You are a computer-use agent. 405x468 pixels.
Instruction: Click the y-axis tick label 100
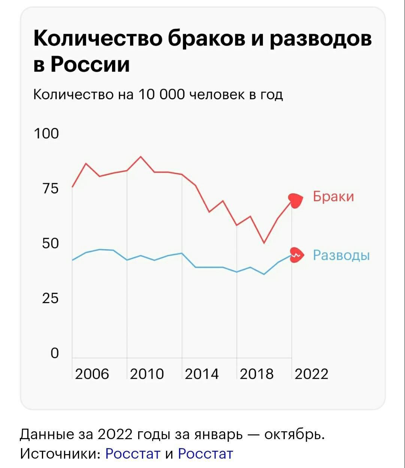click(x=46, y=133)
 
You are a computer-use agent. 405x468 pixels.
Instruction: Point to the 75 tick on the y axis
click(x=51, y=188)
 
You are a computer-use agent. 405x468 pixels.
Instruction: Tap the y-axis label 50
click(x=51, y=244)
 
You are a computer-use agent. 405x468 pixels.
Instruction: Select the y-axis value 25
click(x=51, y=299)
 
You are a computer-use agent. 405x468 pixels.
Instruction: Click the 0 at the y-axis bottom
click(x=55, y=353)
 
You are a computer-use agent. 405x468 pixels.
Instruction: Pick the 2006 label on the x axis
click(x=92, y=374)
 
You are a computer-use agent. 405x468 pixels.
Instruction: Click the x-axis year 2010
click(x=147, y=374)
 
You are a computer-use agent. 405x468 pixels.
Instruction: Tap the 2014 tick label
click(x=202, y=374)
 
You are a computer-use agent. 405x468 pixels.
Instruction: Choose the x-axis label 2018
click(x=257, y=374)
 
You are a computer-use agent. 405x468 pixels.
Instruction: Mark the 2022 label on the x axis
click(x=311, y=374)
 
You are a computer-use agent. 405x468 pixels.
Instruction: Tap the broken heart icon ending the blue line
click(x=296, y=255)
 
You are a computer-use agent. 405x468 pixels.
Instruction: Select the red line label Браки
click(x=333, y=196)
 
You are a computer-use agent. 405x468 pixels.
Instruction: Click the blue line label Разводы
click(x=341, y=255)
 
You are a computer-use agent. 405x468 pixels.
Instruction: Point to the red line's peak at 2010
click(x=140, y=157)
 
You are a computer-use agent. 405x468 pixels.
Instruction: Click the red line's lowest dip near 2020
click(x=264, y=243)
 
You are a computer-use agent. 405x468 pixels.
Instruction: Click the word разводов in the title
click(x=321, y=39)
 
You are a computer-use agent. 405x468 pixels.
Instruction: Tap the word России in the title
click(x=90, y=64)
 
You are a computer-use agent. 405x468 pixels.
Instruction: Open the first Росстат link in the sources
click(x=133, y=454)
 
